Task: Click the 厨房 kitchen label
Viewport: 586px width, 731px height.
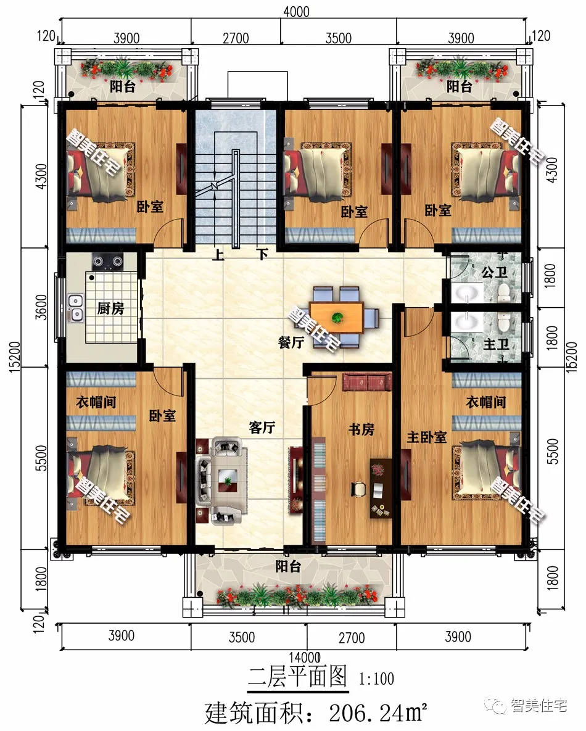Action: coord(110,308)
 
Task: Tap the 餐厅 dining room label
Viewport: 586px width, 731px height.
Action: coord(291,342)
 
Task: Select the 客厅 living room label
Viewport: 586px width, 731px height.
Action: coord(262,427)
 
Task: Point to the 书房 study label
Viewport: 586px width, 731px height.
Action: coord(361,429)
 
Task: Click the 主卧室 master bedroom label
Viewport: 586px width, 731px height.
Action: coord(427,437)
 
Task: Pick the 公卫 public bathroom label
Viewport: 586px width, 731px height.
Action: coord(495,272)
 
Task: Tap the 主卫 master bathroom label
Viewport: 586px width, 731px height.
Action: coord(496,344)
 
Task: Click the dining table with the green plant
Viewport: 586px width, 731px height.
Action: coord(337,318)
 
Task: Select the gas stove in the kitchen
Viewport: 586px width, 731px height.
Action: coord(107,262)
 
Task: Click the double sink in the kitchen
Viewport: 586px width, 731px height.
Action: coord(75,308)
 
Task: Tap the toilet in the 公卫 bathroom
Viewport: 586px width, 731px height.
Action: coord(503,292)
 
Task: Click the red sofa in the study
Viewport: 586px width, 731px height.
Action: coord(367,382)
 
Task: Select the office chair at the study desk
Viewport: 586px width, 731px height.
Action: coord(358,489)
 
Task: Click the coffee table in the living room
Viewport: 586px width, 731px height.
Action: coord(228,479)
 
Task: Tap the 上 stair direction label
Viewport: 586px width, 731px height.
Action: coord(218,255)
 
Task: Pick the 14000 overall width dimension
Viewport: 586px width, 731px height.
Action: coord(305,658)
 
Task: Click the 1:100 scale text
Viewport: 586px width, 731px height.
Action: coord(376,679)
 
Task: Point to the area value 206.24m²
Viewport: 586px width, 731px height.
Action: coord(378,712)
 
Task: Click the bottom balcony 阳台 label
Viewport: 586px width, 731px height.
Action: coord(287,566)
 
